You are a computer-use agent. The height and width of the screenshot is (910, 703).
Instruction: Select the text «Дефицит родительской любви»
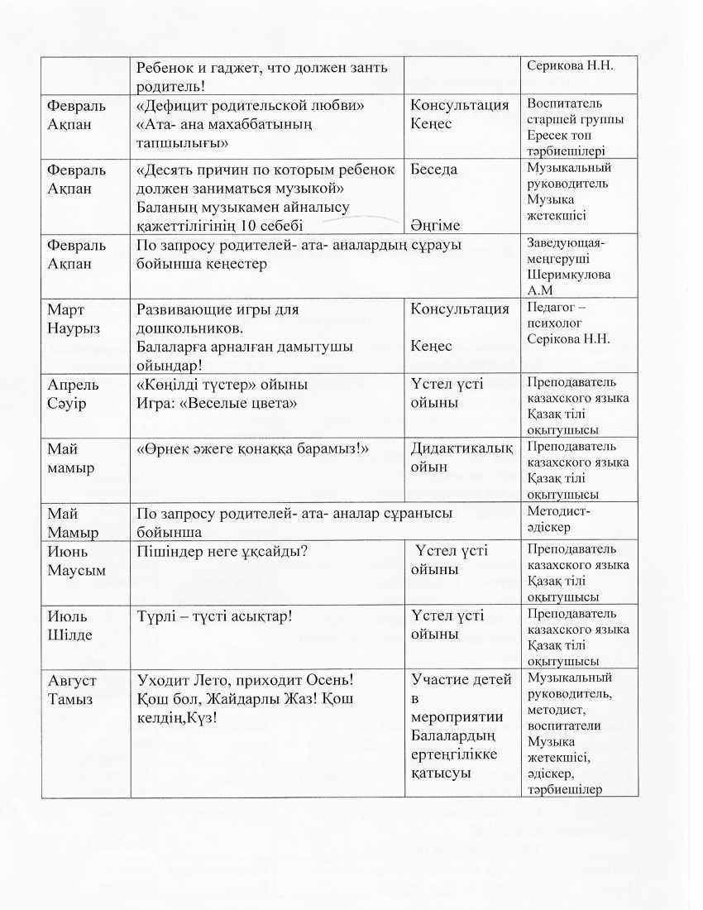pyautogui.click(x=251, y=106)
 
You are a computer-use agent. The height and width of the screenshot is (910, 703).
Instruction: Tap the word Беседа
pyautogui.click(x=434, y=170)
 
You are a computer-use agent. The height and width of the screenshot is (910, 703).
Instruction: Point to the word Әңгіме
pyautogui.click(x=435, y=225)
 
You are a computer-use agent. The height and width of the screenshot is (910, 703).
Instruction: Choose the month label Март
pyautogui.click(x=66, y=309)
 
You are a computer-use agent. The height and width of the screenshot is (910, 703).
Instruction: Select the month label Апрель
pyautogui.click(x=74, y=385)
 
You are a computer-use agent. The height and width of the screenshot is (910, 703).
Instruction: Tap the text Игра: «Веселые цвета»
pyautogui.click(x=217, y=403)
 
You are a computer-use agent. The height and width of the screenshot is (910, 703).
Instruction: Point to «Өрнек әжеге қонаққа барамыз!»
pyautogui.click(x=252, y=448)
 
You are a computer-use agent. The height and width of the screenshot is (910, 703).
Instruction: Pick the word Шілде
pyautogui.click(x=69, y=635)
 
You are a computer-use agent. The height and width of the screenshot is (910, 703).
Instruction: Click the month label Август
pyautogui.click(x=72, y=681)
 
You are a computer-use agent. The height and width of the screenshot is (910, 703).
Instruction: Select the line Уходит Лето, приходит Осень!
pyautogui.click(x=245, y=681)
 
